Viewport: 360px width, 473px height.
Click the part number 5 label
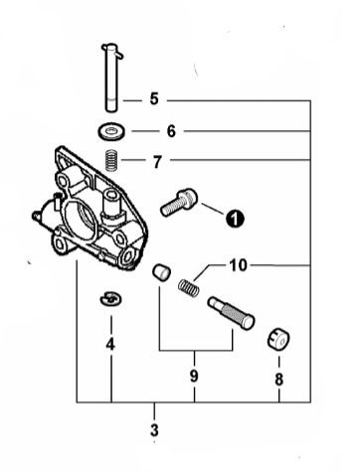coord(154,98)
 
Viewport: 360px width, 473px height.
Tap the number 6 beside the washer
coord(170,130)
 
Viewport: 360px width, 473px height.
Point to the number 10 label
coord(238,265)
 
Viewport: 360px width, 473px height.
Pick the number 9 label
coord(195,377)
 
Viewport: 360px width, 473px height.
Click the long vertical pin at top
coord(111,75)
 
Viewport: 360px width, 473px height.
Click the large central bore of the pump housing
coord(84,216)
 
